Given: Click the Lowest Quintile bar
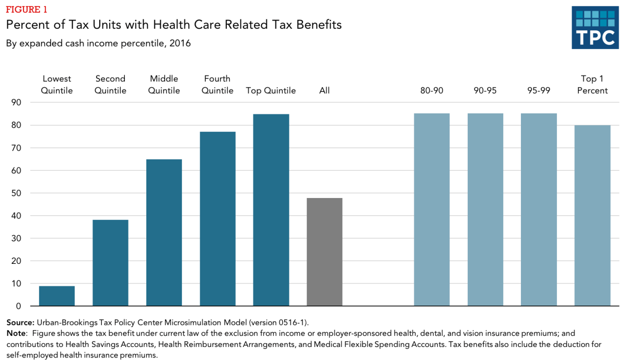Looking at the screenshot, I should (x=57, y=296).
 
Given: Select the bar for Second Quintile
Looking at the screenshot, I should (x=110, y=263).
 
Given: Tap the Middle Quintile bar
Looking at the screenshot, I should (x=164, y=233).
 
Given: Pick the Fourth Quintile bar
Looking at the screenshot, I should (x=217, y=219).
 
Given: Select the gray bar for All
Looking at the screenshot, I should (x=324, y=252).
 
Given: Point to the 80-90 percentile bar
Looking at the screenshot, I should (x=432, y=210).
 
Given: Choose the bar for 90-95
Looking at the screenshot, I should (x=485, y=210).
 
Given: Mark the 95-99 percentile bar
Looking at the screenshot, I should (x=539, y=210).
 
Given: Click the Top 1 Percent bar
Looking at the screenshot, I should (x=592, y=215).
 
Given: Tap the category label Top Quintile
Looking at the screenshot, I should (x=271, y=90).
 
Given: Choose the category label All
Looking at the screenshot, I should (x=324, y=90).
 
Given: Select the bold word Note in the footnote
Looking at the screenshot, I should (x=17, y=333).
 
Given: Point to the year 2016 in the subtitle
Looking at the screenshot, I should (x=180, y=43).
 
